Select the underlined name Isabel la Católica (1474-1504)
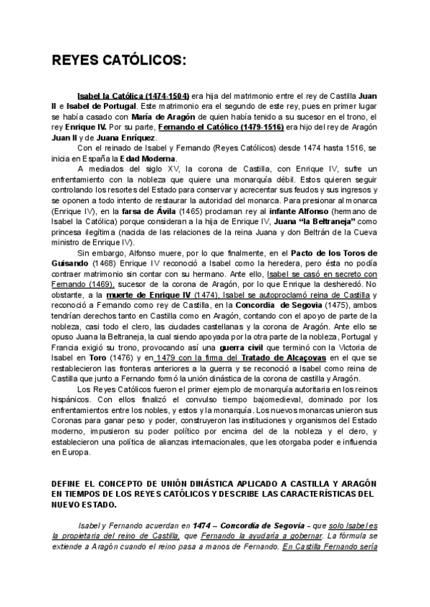(133, 96)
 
